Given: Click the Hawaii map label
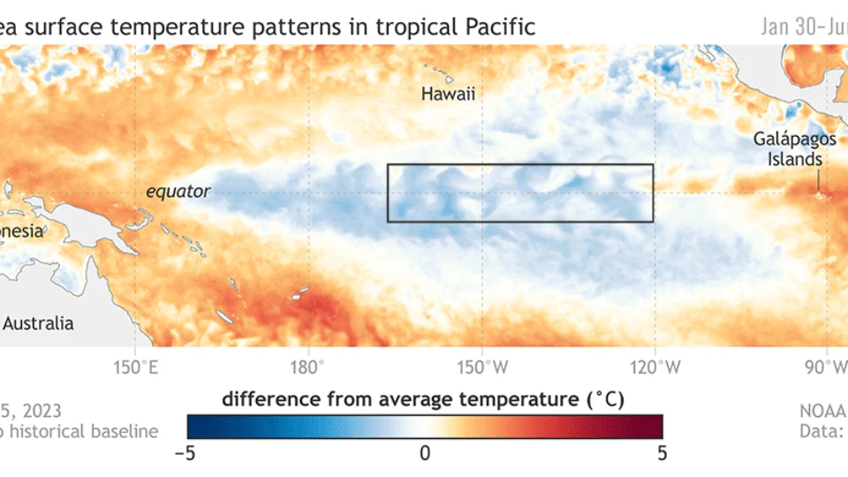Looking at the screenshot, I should [448, 94].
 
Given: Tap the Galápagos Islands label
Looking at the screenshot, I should [788, 149].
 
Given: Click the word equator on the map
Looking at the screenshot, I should [178, 191].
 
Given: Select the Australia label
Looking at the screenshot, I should [38, 323].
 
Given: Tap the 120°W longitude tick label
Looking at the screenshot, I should [655, 366].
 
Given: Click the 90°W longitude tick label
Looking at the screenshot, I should [829, 366].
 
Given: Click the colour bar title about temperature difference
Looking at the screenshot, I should [423, 399].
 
